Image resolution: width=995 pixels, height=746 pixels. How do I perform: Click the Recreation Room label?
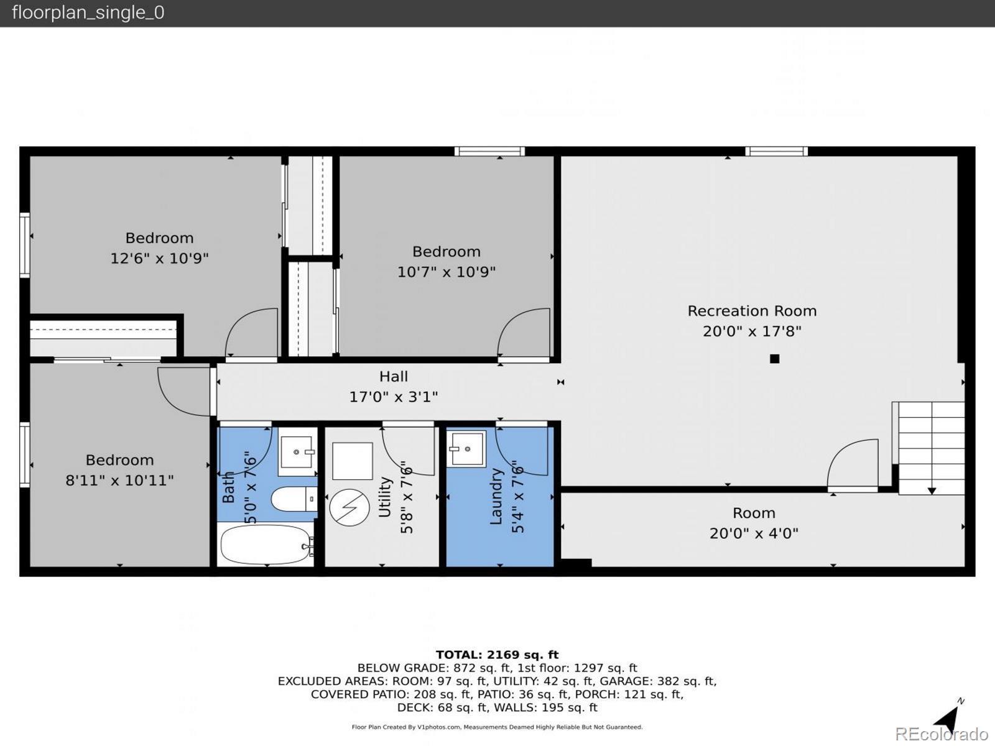tap(752, 311)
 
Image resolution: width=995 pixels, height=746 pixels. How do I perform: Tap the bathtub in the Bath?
tap(267, 545)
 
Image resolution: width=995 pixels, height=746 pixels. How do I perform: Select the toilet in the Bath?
tap(294, 499)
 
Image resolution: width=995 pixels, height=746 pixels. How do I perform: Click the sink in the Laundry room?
tap(466, 448)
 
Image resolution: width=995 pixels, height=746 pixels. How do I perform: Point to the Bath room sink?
tap(297, 451)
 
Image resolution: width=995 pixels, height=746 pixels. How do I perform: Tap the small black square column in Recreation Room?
tap(775, 359)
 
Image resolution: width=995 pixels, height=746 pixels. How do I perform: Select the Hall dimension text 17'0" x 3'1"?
tap(394, 397)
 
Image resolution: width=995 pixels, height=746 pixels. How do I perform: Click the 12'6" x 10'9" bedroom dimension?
tap(160, 258)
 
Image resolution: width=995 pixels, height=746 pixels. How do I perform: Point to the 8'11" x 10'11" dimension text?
tap(119, 480)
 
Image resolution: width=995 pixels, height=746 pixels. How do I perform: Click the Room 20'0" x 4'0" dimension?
tap(754, 533)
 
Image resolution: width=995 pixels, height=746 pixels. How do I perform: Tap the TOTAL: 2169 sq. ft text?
tap(497, 655)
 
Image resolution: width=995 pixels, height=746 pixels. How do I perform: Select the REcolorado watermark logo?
tap(942, 734)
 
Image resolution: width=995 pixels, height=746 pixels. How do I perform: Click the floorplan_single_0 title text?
tap(88, 12)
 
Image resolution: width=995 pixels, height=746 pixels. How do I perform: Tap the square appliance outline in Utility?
tap(352, 461)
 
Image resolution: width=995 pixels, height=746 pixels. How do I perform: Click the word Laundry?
tap(496, 497)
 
